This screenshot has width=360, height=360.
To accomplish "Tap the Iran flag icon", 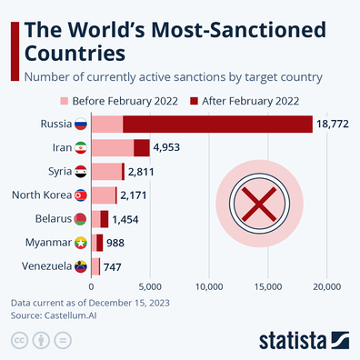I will pos(80,147).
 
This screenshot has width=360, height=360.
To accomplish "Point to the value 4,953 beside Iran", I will pos(170,146).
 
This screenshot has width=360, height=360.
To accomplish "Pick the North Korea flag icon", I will pos(80,195).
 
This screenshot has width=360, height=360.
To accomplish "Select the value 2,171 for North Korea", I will pos(135,195).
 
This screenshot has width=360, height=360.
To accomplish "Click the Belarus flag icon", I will pos(80,218).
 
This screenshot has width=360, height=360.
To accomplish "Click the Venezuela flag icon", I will pos(80,266).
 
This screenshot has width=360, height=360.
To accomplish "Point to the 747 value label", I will pos(113,266).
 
